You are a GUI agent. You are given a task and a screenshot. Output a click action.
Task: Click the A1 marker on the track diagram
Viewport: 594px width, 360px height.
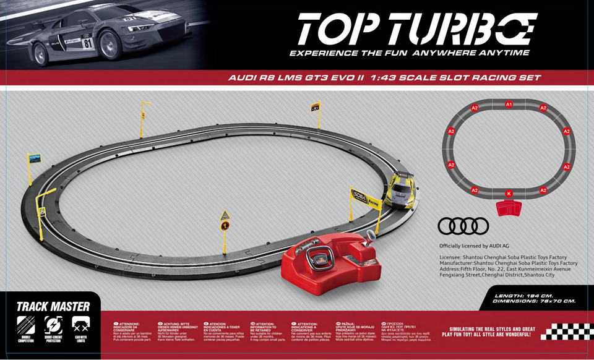tap(509, 105)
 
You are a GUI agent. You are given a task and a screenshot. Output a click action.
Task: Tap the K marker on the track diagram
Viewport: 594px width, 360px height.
tap(509, 194)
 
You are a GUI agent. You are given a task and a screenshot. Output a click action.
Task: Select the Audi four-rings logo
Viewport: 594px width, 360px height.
tap(463, 226)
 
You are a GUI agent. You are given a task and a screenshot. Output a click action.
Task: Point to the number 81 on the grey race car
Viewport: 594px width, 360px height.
tap(87, 43)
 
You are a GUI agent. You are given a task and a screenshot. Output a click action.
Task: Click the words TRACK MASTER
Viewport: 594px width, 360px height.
tap(53, 306)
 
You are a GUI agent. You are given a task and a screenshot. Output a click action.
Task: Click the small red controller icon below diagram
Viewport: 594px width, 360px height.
tap(509, 210)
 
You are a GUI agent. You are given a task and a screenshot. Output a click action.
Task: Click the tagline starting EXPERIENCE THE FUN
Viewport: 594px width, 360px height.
tap(410, 53)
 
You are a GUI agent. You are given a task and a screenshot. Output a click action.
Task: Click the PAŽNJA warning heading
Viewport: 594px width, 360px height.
tap(346, 324)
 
